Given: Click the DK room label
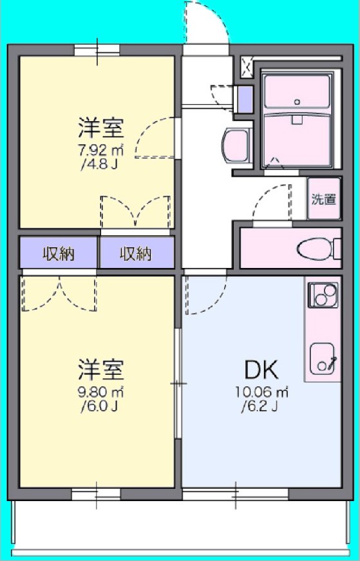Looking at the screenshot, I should [x=261, y=370].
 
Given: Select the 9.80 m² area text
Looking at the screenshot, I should [x=100, y=392].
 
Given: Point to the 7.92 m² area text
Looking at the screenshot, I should [x=100, y=151].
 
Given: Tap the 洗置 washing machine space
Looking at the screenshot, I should [x=323, y=199].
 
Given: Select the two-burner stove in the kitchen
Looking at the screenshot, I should [x=323, y=294].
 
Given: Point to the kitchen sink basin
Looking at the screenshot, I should [x=322, y=357].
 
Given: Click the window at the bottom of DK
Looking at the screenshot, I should [x=234, y=494].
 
